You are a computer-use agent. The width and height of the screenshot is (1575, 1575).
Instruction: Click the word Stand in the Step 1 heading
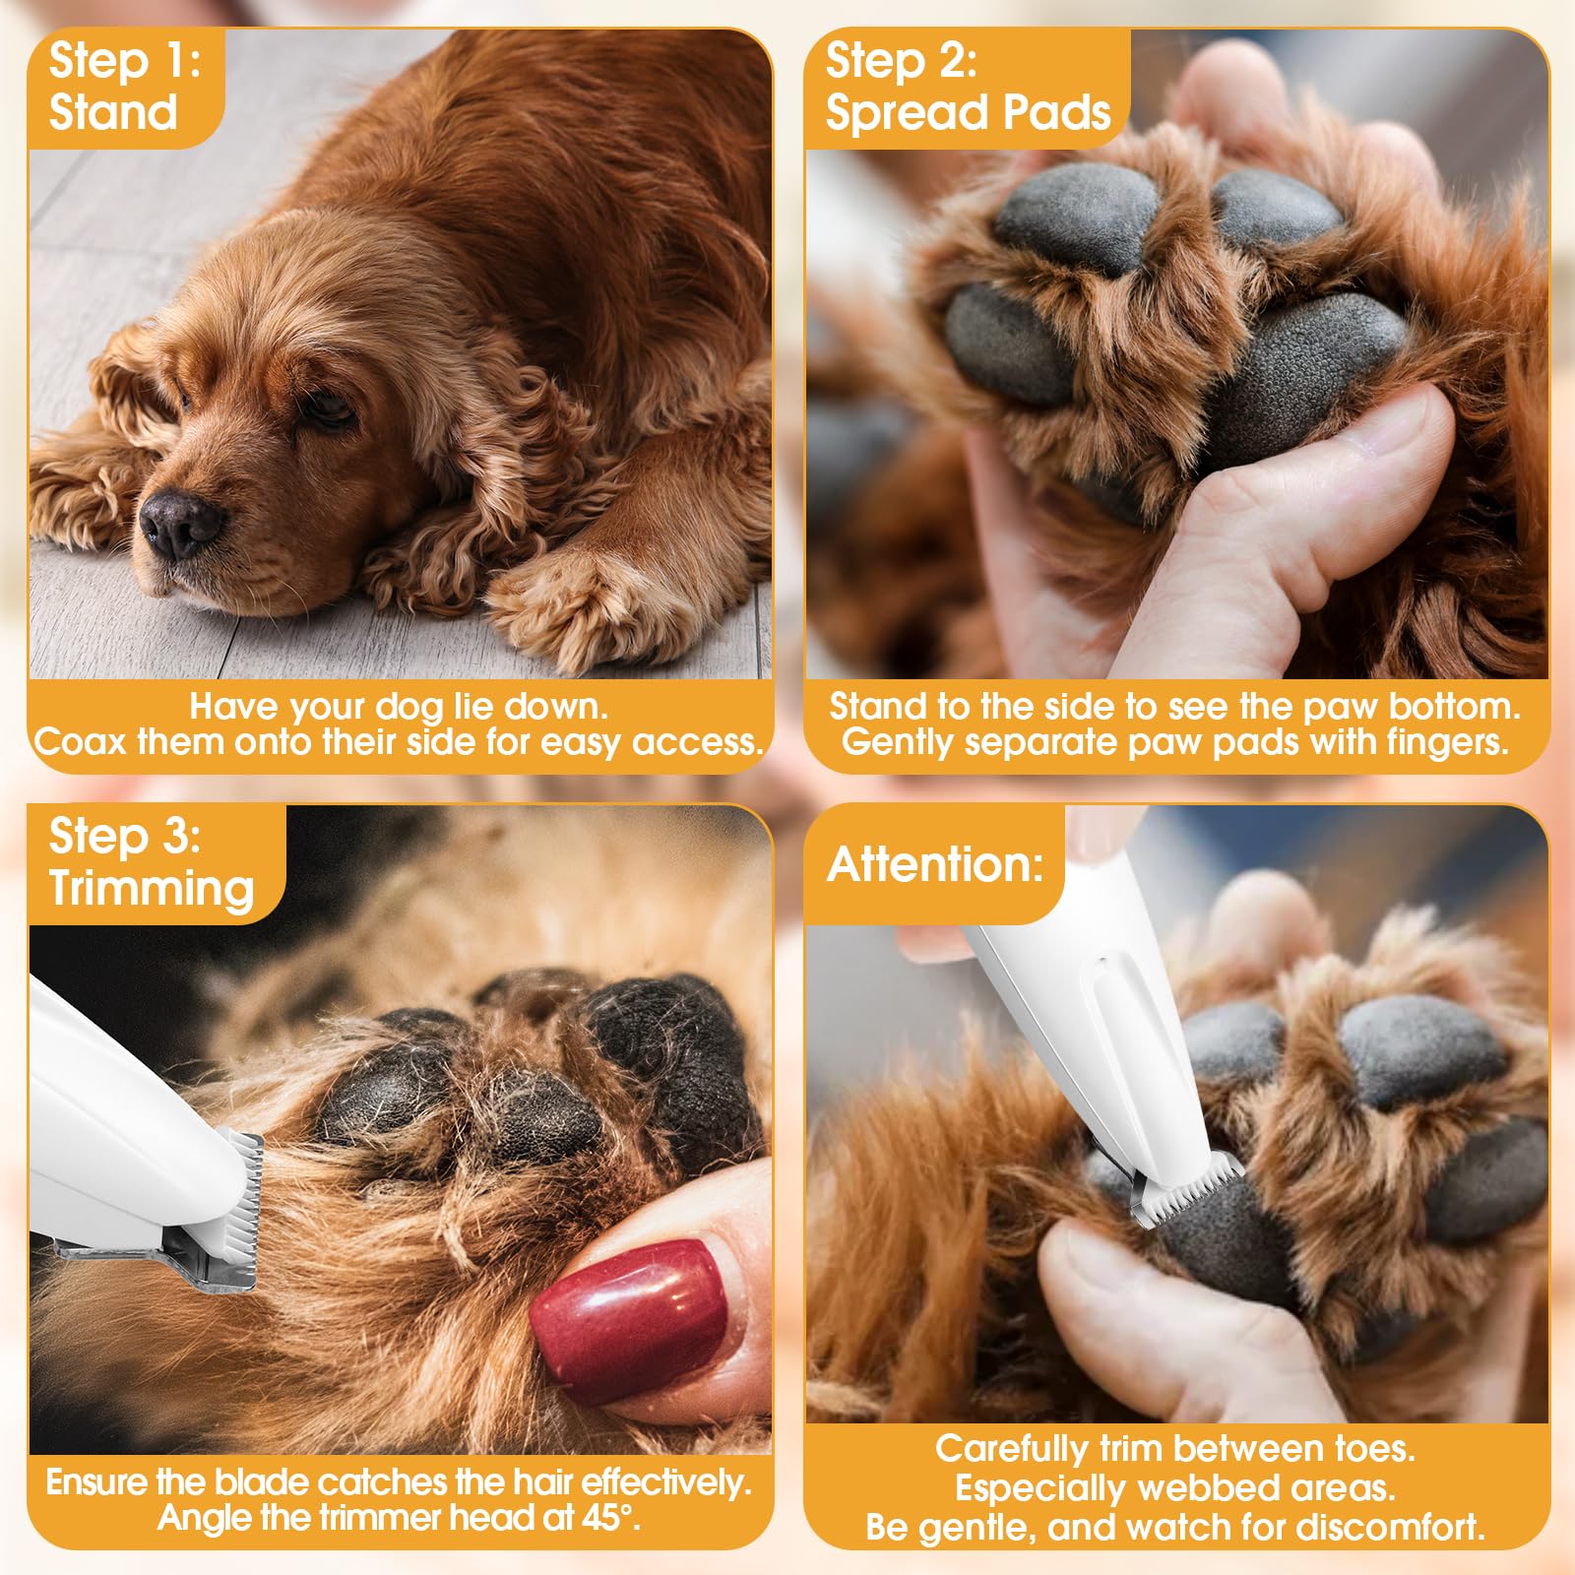[x=113, y=111]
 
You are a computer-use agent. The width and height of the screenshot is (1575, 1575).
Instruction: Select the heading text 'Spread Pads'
[x=968, y=111]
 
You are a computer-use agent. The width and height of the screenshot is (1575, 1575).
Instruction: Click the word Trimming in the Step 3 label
[x=152, y=888]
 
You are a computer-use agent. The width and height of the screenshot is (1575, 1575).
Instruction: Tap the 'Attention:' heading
[x=934, y=864]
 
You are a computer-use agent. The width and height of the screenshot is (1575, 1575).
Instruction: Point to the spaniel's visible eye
[x=330, y=409]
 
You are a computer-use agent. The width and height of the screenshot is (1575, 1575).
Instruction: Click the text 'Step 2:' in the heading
[x=901, y=61]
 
